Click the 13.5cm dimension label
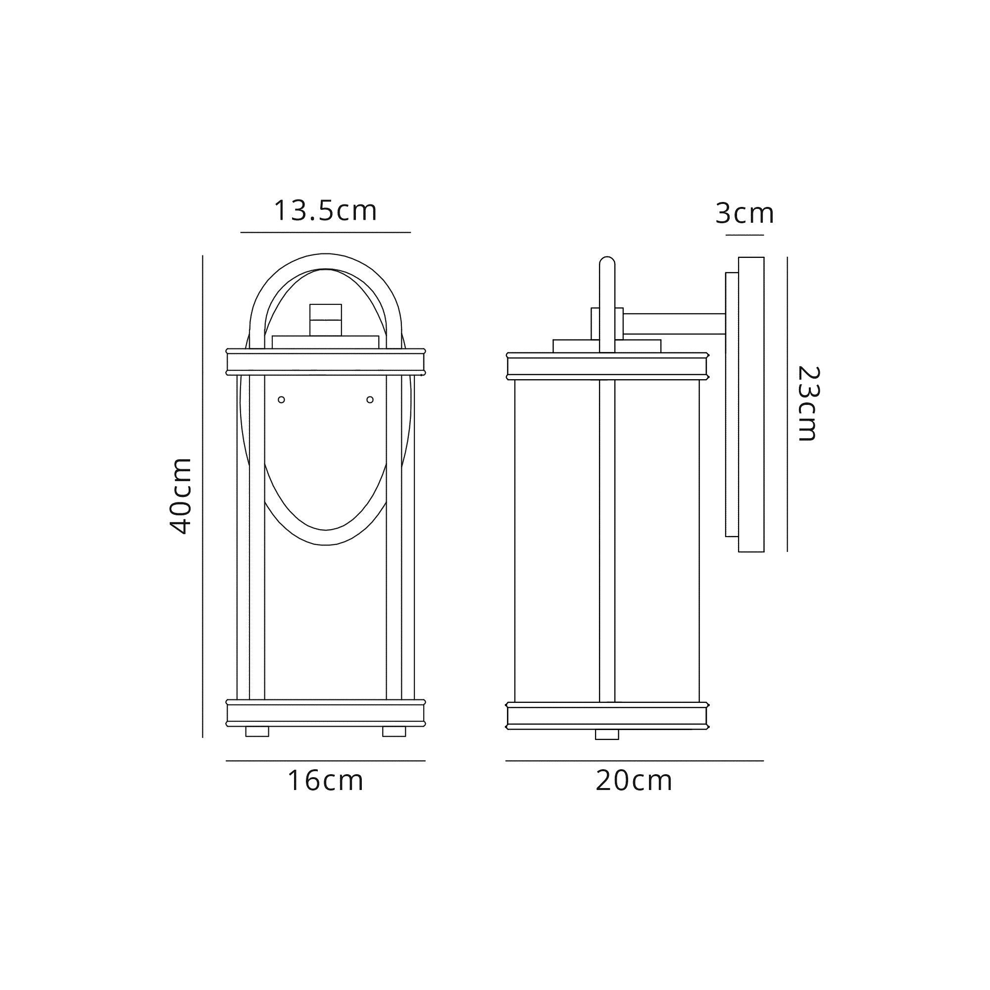(325, 210)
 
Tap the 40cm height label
(180, 496)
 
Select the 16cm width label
(325, 781)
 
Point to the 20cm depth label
(634, 781)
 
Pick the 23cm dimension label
(808, 404)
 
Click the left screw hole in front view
(281, 399)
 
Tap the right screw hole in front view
(370, 399)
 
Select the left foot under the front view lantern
(257, 731)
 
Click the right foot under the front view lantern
(394, 731)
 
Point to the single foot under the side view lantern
(607, 734)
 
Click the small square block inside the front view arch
(325, 319)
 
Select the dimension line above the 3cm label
(744, 235)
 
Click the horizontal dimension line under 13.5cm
(325, 233)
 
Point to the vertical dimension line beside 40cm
(203, 496)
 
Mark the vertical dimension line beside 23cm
(787, 404)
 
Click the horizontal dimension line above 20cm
(635, 761)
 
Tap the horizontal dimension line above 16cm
(325, 761)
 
